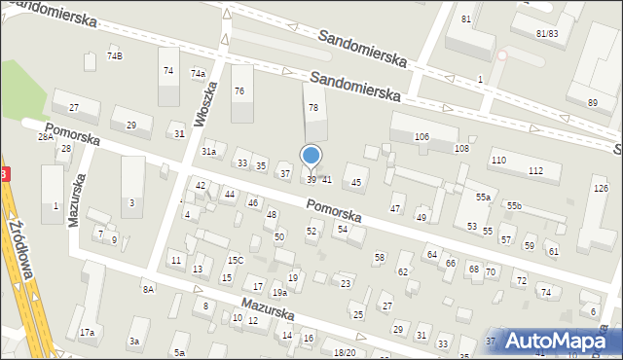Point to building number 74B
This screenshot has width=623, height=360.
[x=114, y=56]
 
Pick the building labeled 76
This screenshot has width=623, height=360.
[x=239, y=90]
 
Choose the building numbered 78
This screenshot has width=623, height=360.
[x=313, y=107]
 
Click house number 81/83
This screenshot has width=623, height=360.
[x=546, y=33]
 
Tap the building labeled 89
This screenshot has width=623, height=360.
[x=592, y=102]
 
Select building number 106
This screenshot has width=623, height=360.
[x=421, y=136]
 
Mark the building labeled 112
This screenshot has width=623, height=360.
[x=535, y=171]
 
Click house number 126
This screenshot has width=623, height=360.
[x=601, y=188]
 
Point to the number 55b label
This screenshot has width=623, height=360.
[x=513, y=206]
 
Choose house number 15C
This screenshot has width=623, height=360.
[x=235, y=260]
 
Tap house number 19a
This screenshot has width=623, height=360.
[x=278, y=292]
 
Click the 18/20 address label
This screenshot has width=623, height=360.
[x=345, y=352]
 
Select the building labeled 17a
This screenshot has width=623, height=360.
[x=87, y=333]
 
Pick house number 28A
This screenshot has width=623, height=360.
[x=45, y=137]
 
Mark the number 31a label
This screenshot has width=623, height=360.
[x=208, y=152]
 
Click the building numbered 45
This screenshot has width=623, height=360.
[x=356, y=183]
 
